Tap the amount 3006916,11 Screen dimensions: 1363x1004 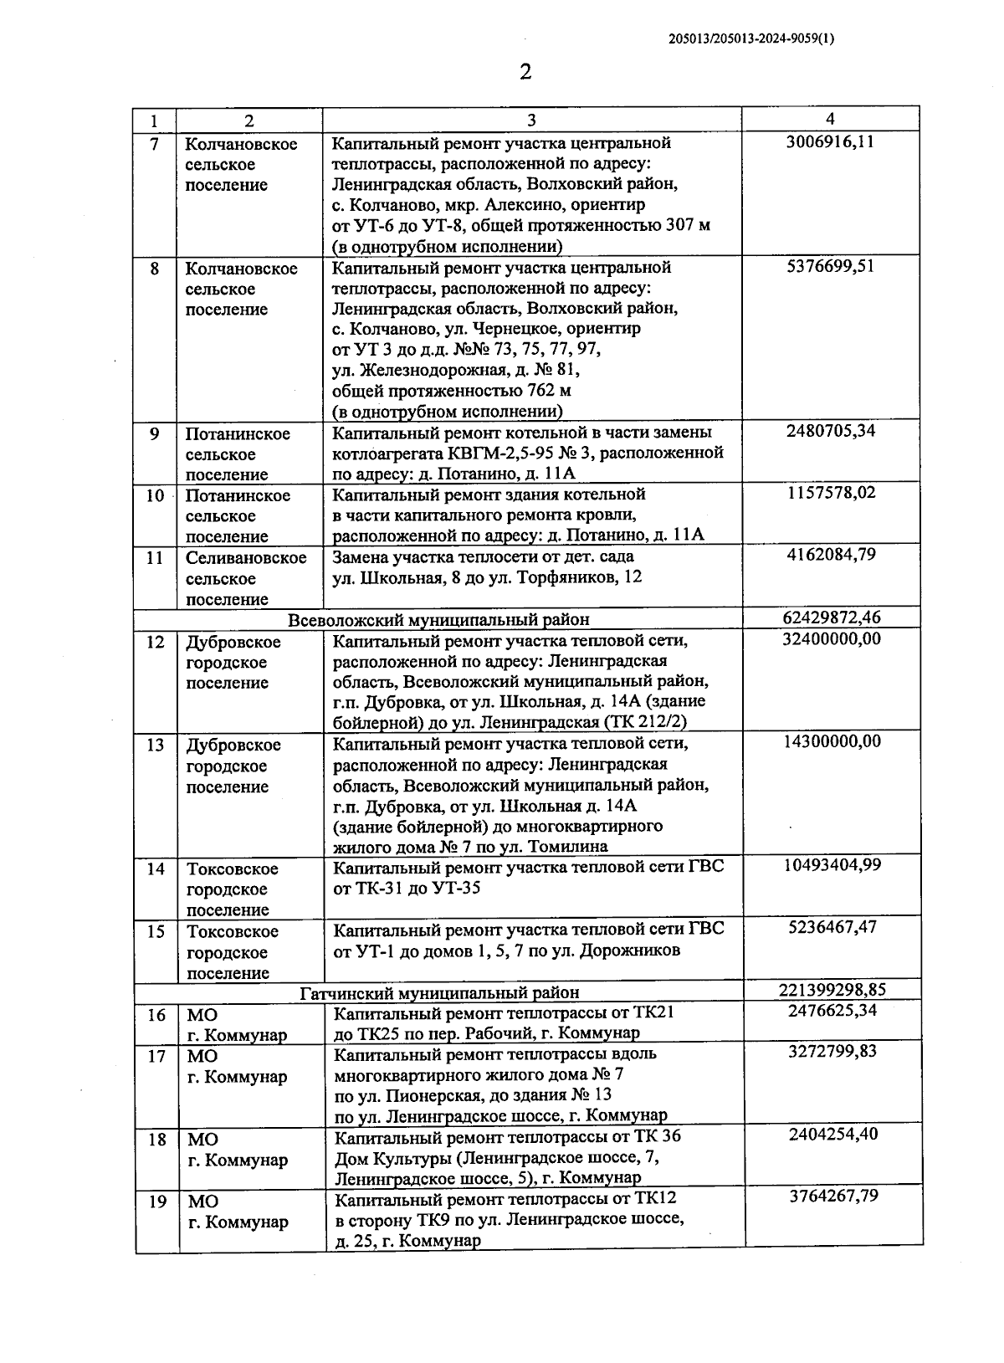point(830,141)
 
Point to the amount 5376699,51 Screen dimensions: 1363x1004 point(830,266)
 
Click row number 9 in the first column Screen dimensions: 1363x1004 point(155,433)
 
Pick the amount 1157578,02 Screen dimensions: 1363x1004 point(832,493)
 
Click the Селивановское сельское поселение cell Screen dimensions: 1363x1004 point(245,577)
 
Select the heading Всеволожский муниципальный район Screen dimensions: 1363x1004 point(438,620)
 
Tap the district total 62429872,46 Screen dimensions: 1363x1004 point(832,618)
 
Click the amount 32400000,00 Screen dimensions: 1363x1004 point(832,639)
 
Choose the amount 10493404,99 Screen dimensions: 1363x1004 point(832,865)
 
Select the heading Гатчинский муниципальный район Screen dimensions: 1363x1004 point(439,993)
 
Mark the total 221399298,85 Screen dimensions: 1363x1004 point(832,991)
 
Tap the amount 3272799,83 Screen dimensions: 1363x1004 point(832,1052)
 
